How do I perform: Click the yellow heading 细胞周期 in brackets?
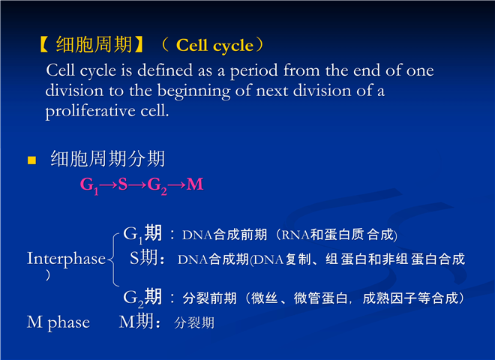tap(94, 44)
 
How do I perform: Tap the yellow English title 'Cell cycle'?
tap(214, 46)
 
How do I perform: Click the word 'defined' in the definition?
tap(165, 70)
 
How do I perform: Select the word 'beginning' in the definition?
tap(193, 91)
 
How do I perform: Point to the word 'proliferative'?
tap(90, 111)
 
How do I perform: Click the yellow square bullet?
tap(31, 160)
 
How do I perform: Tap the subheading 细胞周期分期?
tap(108, 158)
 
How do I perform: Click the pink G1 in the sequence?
tap(90, 185)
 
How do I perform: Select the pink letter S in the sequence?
tap(123, 184)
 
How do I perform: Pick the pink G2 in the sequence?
tap(157, 185)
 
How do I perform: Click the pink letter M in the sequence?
tap(195, 184)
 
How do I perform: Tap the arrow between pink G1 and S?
tap(109, 184)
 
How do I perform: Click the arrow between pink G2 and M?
tap(177, 184)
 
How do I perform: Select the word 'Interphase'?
tap(66, 259)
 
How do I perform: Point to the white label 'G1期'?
tap(142, 234)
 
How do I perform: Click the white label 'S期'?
tap(144, 257)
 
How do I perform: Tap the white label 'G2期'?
tap(142, 298)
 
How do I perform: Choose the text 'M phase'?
tap(58, 322)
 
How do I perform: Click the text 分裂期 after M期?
tap(194, 322)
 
